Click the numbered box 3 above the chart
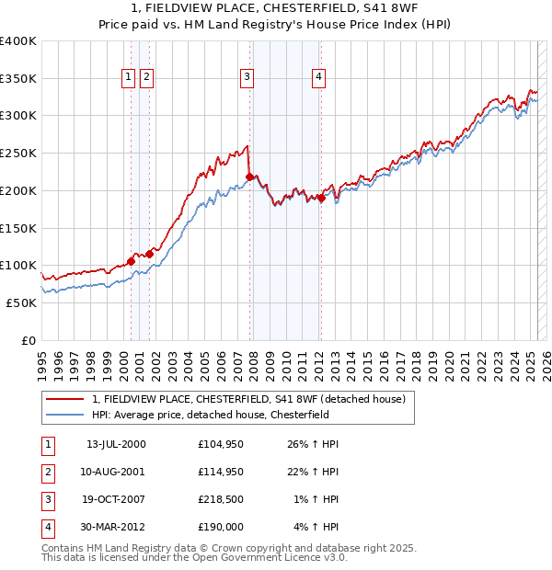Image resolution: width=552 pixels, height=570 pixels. click(247, 78)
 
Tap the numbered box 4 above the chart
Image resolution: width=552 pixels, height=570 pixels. click(318, 78)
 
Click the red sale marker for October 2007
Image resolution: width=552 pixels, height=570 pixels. click(249, 177)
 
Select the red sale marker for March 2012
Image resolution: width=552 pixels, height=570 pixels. click(321, 198)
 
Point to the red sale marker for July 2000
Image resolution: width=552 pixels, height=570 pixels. click(131, 261)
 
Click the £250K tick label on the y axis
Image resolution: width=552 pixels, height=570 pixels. click(17, 154)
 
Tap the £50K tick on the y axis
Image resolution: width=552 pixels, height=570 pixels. click(20, 302)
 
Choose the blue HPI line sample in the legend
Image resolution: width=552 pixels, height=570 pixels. click(65, 415)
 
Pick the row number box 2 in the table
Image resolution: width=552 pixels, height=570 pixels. click(46, 473)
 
